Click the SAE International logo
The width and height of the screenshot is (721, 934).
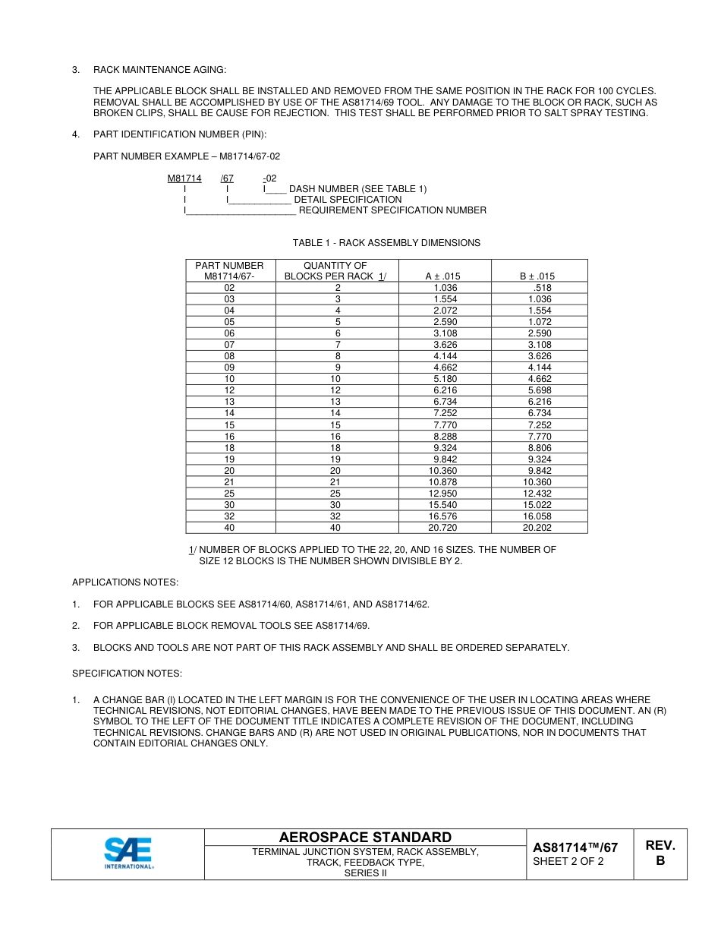coord(128,854)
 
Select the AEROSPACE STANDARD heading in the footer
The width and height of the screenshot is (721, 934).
coord(365,837)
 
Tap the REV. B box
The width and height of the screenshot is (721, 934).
coord(660,854)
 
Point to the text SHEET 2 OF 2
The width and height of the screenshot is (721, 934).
coord(568,861)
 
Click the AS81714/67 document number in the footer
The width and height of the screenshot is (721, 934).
coord(575,847)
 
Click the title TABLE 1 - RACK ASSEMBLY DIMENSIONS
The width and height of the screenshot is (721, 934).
coord(386,243)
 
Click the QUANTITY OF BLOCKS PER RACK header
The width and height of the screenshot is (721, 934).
coord(335,271)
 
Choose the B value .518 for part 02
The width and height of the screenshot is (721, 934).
coord(542,288)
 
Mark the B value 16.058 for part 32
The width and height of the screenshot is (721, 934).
coord(540,516)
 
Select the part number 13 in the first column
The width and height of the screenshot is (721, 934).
coord(229,402)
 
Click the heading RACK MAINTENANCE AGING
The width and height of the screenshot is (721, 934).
coord(159,70)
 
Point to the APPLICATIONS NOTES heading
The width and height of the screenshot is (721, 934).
coord(125,582)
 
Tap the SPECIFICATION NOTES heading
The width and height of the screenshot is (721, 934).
coord(127,674)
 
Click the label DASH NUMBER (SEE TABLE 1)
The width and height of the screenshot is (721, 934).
coord(357,189)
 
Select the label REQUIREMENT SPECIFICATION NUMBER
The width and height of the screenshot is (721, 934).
coord(392,210)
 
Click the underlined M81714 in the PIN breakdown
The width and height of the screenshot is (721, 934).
coord(184,178)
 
